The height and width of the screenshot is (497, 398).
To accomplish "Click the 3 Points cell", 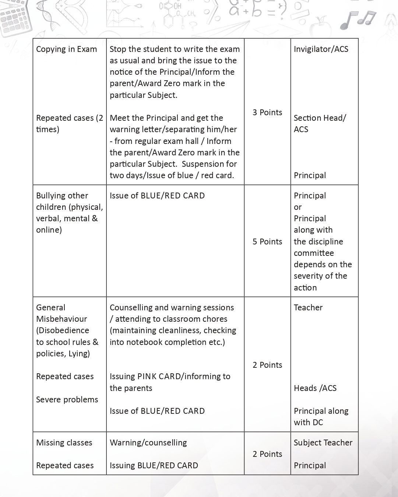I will [267, 112].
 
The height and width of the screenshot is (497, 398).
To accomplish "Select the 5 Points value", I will [267, 242].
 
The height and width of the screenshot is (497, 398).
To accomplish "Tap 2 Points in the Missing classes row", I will [267, 454].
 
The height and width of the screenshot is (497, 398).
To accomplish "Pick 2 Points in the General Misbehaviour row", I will [267, 365].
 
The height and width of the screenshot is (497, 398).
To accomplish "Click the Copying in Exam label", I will [67, 49].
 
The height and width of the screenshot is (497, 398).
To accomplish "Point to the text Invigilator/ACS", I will [321, 49].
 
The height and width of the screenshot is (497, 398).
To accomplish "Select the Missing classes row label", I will [64, 443].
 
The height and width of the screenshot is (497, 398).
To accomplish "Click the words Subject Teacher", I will [323, 443].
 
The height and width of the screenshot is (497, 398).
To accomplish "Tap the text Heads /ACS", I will [315, 388].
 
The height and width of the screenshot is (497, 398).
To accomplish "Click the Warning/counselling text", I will [148, 443].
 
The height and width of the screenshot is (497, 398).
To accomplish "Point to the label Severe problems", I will [67, 399].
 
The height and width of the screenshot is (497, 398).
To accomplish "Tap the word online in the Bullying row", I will [49, 230].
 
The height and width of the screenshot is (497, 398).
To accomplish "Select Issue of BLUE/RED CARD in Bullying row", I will [157, 195].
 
